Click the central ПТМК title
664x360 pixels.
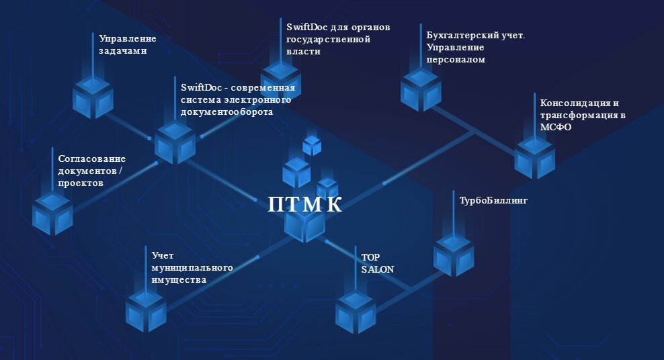(x=305, y=204)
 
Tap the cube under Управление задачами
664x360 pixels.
(x=93, y=98)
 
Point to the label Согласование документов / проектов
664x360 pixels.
(x=91, y=171)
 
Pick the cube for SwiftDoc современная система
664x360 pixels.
(x=175, y=143)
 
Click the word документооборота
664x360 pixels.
(x=227, y=112)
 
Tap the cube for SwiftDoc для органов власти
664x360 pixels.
(x=280, y=83)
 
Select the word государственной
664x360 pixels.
(x=329, y=40)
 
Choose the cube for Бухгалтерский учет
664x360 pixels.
(x=421, y=91)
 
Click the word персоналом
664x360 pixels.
(x=456, y=59)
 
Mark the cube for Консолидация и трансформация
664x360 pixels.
(x=535, y=158)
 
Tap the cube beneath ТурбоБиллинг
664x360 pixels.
(x=453, y=255)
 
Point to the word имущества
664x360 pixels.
(x=178, y=279)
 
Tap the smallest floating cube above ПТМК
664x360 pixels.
(x=312, y=145)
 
